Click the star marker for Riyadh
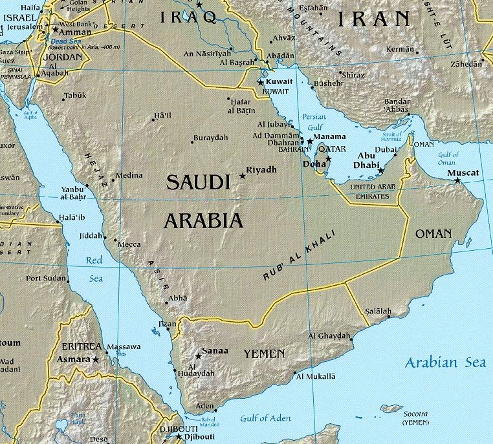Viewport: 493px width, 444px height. pos(243,176)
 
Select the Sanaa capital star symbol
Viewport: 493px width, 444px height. pos(198,356)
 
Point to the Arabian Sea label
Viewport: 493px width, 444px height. pos(445,363)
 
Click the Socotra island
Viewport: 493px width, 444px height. pos(392,408)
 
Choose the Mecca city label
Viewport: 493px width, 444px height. pos(128,244)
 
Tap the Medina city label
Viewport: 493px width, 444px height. pos(129,175)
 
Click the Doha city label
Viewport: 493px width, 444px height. pos(314,164)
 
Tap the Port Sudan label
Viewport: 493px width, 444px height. pos(46,279)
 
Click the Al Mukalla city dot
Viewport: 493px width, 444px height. pos(296,373)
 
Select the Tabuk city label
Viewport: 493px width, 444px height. pos(75,96)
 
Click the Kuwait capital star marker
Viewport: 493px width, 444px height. pos(260,83)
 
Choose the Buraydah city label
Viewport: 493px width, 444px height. pos(211,138)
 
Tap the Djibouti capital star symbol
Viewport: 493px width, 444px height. pos(179,436)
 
